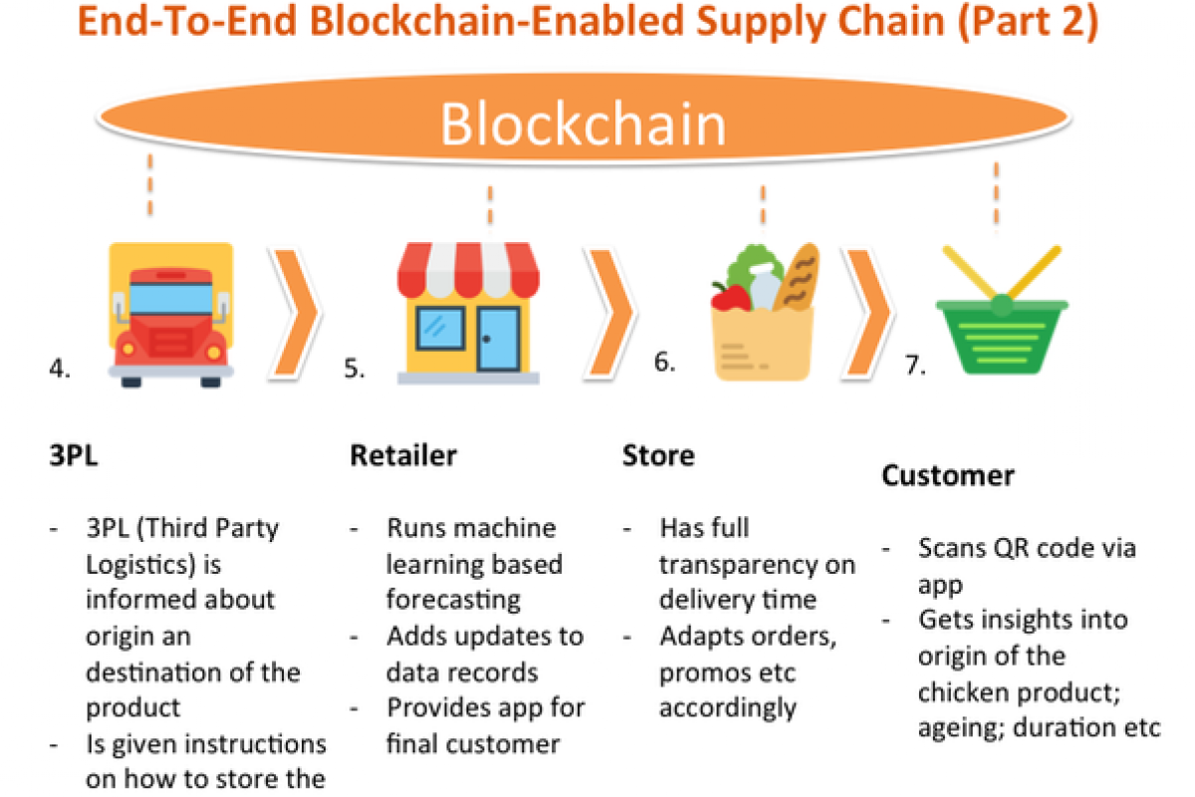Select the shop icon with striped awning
(x=467, y=313)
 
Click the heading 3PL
(x=74, y=456)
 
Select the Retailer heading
(x=403, y=456)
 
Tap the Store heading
(x=658, y=456)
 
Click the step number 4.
(x=59, y=369)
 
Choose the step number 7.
(x=915, y=366)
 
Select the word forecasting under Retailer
(x=453, y=600)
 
